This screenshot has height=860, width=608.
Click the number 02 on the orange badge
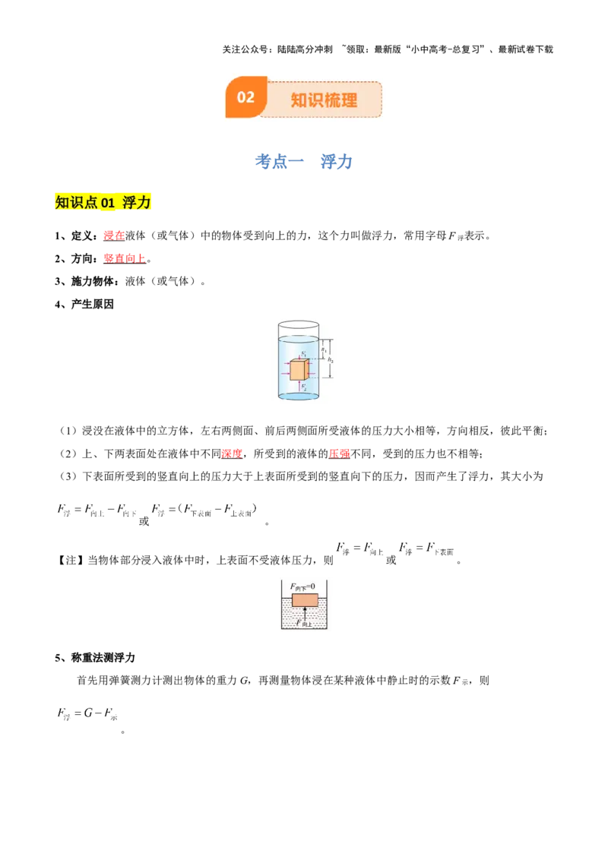pos(245,97)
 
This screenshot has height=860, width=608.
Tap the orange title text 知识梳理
pos(324,100)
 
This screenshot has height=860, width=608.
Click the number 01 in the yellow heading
pos(107,202)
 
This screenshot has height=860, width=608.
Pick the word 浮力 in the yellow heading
pos(137,202)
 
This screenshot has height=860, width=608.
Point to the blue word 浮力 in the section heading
pos(335,161)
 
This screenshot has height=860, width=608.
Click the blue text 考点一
pos(272,161)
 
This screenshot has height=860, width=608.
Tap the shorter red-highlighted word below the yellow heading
pos(114,236)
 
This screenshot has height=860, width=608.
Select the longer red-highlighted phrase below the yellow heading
pos(124,258)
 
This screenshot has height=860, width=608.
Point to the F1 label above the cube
pos(303,354)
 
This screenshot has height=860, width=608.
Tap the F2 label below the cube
pos(304,388)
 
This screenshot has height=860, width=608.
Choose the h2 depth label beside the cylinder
pos(331,361)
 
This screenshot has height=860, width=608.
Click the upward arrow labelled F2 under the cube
pos(299,385)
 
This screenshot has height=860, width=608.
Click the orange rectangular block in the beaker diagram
pos(305,600)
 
